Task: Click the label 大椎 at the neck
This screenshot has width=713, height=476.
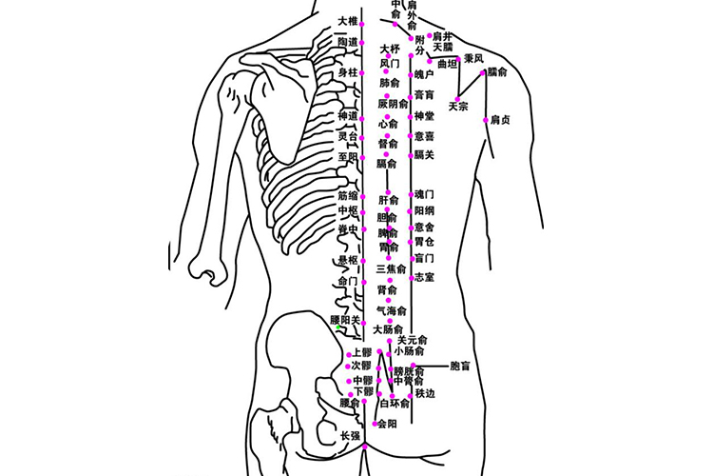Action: pos(347,20)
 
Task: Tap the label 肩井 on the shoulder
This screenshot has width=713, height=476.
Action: pos(442,35)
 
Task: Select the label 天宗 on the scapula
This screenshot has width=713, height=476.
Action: pos(458,107)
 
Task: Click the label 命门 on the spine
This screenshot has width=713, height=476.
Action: pos(348,282)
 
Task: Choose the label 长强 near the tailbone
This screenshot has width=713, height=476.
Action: pos(350,436)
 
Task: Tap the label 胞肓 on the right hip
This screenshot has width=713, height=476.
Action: pos(460,365)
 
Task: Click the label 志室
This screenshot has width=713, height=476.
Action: pos(424,277)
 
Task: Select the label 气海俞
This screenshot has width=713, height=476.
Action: pos(391,311)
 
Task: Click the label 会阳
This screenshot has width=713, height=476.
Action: pos(386,424)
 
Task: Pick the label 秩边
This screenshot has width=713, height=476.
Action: pos(424,393)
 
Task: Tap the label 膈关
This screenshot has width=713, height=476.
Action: pos(424,154)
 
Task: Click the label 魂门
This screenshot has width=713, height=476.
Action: pos(424,194)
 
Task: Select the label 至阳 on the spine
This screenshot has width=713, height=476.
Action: pos(348,156)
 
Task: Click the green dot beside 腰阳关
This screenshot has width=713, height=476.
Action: pos(337,329)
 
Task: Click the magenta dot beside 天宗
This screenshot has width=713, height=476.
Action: pos(458,97)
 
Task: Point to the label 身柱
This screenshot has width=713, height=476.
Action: pos(348,72)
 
